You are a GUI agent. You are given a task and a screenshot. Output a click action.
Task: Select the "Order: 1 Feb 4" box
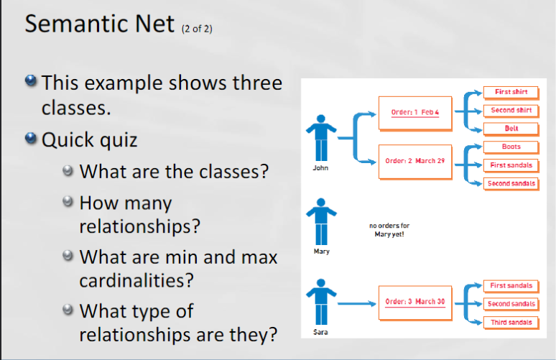[415, 113]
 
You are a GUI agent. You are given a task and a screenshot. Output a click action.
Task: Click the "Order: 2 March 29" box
[415, 161]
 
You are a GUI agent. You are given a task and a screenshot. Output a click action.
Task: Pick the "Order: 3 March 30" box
[415, 302]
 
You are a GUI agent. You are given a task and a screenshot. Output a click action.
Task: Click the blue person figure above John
[321, 137]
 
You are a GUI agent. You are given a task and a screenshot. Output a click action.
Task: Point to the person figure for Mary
[321, 222]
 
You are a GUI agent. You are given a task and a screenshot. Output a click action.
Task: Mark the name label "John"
[321, 168]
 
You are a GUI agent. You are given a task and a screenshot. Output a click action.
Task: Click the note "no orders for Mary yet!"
[389, 229]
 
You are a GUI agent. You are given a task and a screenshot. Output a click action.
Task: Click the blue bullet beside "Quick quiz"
[30, 139]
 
